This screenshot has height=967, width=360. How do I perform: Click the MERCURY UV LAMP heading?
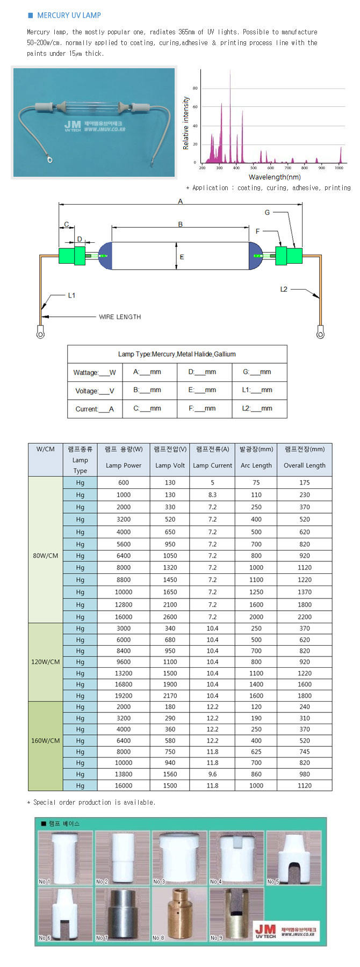[69, 16]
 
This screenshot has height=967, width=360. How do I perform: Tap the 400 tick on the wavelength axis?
[236, 168]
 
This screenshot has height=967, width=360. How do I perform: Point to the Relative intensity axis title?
[186, 124]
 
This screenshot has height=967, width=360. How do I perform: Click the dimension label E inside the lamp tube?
[182, 257]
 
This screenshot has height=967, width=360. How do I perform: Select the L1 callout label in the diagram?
[71, 295]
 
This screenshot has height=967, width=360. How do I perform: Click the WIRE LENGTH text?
[120, 317]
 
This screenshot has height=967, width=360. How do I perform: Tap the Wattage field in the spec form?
[95, 372]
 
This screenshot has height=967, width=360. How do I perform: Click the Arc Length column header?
[256, 465]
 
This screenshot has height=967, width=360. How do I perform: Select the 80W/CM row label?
[46, 555]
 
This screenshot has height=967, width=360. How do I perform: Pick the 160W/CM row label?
[46, 740]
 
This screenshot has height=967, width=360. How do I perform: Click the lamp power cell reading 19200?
[124, 696]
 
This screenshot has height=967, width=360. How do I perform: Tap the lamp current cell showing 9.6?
[212, 774]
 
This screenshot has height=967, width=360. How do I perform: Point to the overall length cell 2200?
[305, 617]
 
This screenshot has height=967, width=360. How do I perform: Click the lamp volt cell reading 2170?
[170, 696]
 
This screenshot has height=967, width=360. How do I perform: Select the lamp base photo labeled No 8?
[179, 914]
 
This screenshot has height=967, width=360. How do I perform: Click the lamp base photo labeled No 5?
[294, 858]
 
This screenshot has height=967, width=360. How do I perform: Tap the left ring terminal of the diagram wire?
[40, 334]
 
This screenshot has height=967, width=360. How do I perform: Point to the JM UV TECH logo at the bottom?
[285, 931]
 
